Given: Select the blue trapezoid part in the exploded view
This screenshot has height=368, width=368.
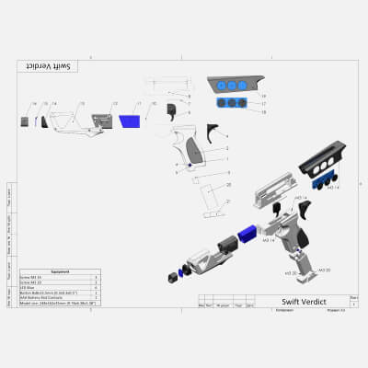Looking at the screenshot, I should tap(129, 121).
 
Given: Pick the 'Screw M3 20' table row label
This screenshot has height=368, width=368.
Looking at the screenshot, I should tap(35, 282).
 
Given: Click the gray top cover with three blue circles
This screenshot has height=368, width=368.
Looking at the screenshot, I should tap(234, 86).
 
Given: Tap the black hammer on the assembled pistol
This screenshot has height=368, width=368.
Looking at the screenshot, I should tap(277, 211).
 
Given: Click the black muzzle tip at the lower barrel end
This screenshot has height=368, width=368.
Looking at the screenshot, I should tap(173, 275).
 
